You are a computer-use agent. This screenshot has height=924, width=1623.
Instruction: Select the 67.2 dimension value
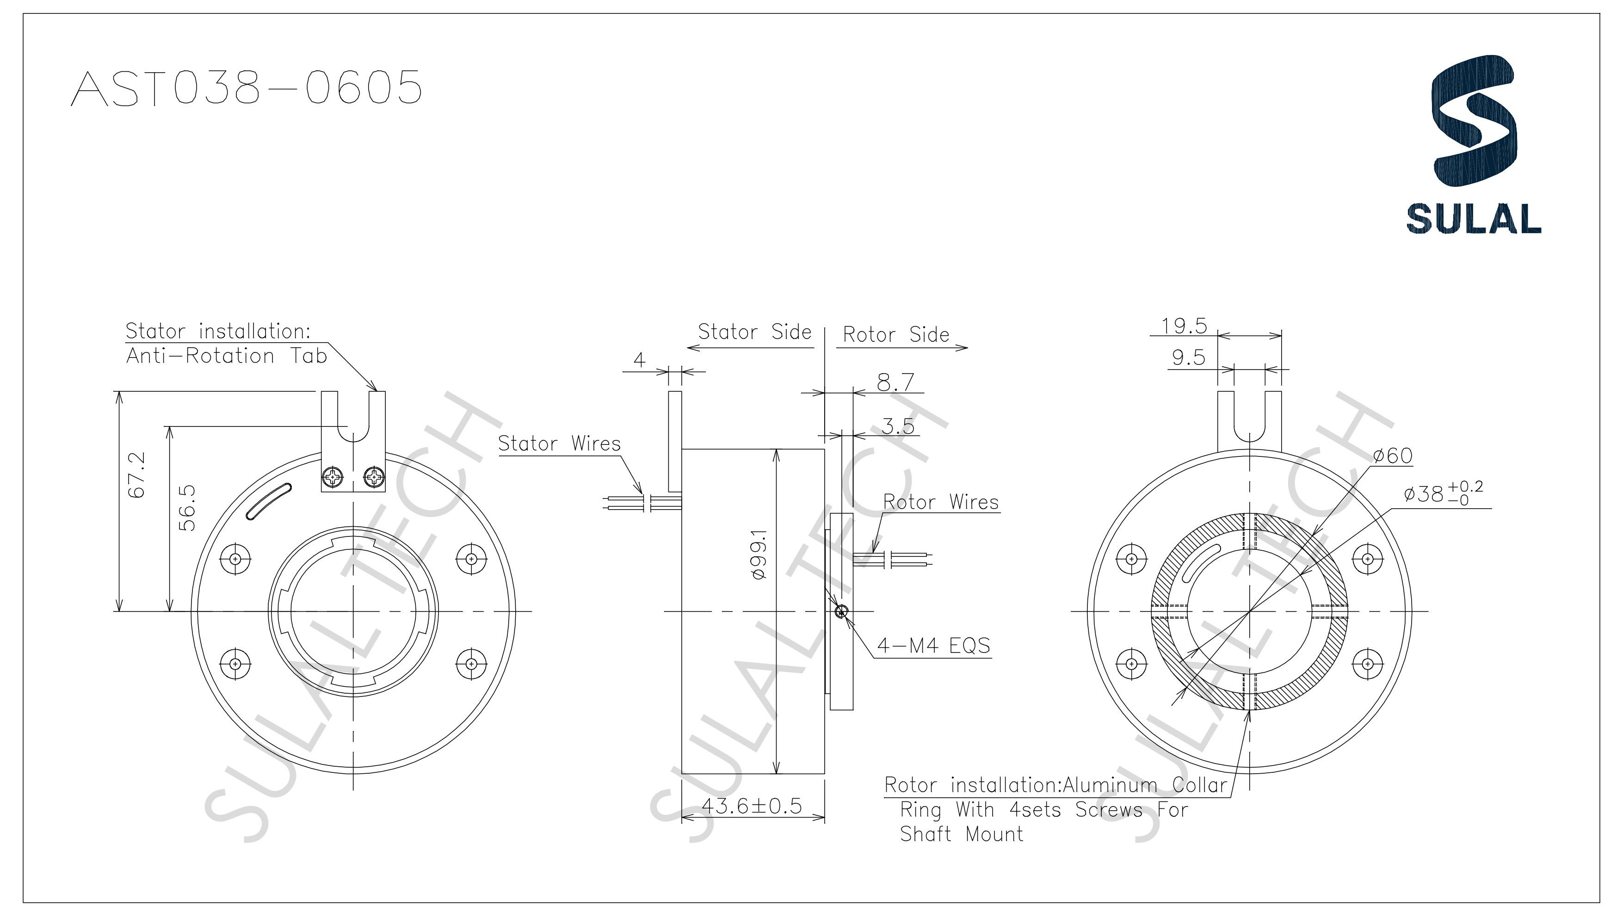[137, 474]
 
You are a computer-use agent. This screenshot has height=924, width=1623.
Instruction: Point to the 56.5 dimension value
[188, 508]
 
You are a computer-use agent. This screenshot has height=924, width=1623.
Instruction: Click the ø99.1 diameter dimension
[760, 554]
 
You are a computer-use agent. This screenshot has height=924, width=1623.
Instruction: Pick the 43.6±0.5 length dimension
[752, 806]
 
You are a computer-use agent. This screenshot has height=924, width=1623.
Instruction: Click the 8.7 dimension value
[895, 382]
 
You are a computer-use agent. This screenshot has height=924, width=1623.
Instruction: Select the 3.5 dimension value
[897, 426]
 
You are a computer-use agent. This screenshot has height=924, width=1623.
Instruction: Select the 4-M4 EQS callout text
[933, 646]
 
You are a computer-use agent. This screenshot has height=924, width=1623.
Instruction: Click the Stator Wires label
[559, 444]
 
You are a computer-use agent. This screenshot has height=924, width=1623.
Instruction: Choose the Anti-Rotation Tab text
[227, 356]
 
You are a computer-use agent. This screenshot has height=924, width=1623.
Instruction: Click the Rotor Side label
[895, 334]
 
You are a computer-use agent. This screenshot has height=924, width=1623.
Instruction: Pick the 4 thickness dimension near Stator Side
[639, 360]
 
